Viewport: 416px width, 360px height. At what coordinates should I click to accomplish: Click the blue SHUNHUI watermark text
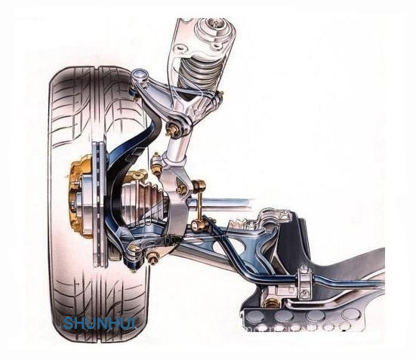pos(100,323)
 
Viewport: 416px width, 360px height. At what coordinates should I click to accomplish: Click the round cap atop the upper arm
pos(139,75)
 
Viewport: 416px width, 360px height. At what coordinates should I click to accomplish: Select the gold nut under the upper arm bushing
pos(173,130)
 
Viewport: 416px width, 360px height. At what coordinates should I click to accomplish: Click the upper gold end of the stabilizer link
pos(199,184)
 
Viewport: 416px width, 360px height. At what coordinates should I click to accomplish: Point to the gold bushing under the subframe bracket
pos(271,302)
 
